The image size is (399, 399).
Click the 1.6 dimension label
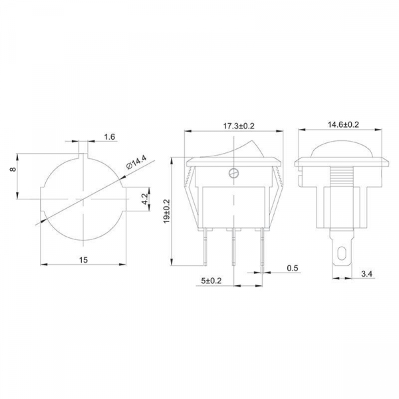coord(110,137)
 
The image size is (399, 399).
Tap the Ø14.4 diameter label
coord(136,163)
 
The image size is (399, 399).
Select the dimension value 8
coord(13,169)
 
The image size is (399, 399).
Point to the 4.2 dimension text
coord(144,199)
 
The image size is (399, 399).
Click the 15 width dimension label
coord(83,260)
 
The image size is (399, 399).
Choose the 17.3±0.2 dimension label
coord(239,126)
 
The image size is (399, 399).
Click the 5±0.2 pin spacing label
coord(211,281)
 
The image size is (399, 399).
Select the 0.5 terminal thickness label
coord(293,268)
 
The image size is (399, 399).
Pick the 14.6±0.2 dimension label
coord(343,125)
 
